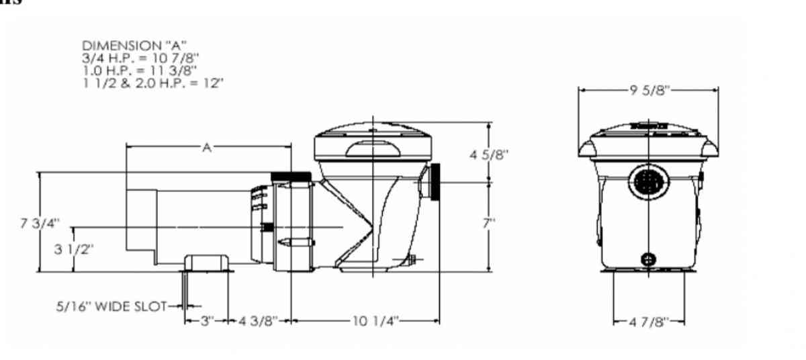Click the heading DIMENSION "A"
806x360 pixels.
click(x=128, y=46)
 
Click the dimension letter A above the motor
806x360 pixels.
click(x=207, y=147)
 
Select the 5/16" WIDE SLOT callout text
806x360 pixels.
click(x=111, y=306)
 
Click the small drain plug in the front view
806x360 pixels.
click(x=648, y=258)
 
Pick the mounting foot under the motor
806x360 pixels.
click(x=208, y=264)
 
